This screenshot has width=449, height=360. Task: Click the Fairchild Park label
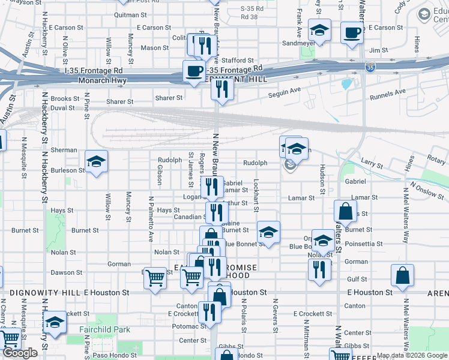click(105, 329)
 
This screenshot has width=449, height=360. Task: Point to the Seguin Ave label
click(287, 90)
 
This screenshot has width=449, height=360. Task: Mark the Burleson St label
click(67, 170)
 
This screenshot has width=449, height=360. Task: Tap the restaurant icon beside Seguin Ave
click(222, 89)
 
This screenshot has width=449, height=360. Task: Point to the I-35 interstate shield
click(370, 68)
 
